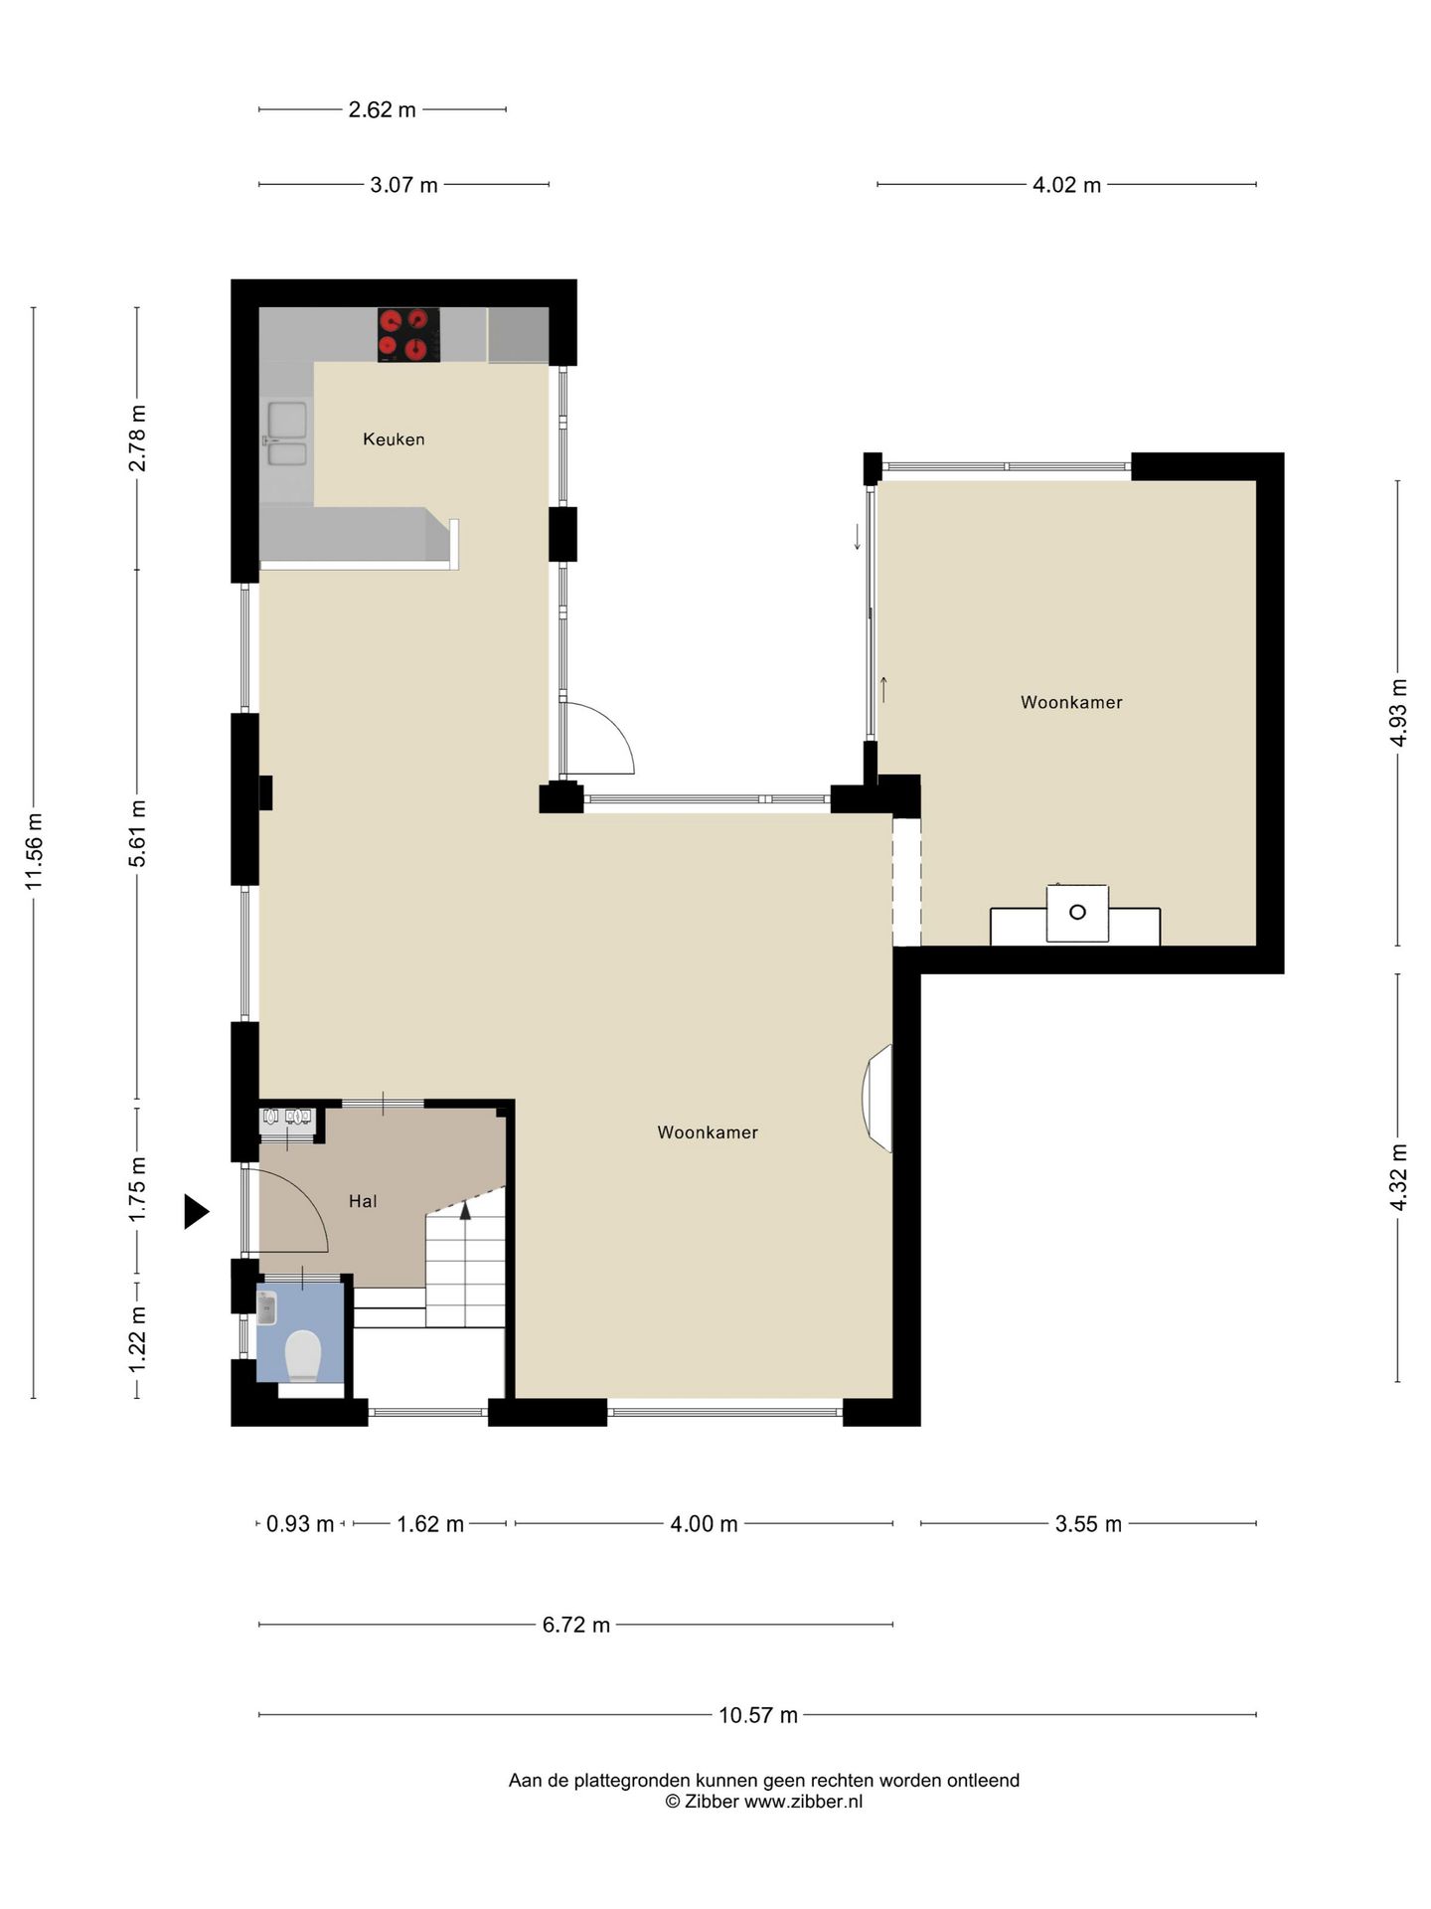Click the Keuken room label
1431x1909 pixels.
pyautogui.click(x=394, y=438)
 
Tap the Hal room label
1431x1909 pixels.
pyautogui.click(x=363, y=1201)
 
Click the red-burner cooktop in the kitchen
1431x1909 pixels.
pyautogui.click(x=408, y=334)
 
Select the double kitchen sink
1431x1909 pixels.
pyautogui.click(x=287, y=434)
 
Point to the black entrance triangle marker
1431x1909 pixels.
pyautogui.click(x=196, y=1212)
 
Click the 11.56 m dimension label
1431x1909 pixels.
pyautogui.click(x=35, y=851)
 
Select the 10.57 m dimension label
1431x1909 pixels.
pyautogui.click(x=758, y=1715)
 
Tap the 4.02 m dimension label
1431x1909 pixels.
pyautogui.click(x=1067, y=185)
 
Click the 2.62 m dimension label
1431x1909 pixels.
pyautogui.click(x=383, y=109)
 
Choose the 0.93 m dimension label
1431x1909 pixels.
pyautogui.click(x=300, y=1524)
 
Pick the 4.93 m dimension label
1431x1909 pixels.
pyautogui.click(x=1399, y=712)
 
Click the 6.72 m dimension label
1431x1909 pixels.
pyautogui.click(x=576, y=1626)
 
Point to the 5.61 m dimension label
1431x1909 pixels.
pyautogui.click(x=138, y=833)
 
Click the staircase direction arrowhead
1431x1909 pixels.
pyautogui.click(x=465, y=1210)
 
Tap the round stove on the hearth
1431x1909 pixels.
pyautogui.click(x=1077, y=912)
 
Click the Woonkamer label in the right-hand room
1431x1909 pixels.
pyautogui.click(x=1071, y=702)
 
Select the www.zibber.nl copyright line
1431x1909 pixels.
pyautogui.click(x=764, y=1801)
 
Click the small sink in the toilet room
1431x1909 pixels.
pyautogui.click(x=266, y=1307)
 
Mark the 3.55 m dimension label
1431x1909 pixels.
pyautogui.click(x=1088, y=1524)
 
